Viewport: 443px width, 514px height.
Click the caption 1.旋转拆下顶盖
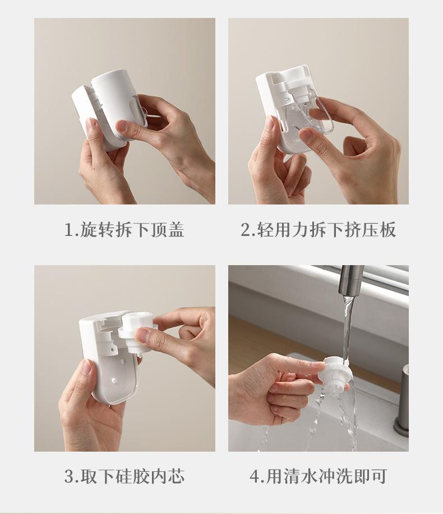(x=124, y=229)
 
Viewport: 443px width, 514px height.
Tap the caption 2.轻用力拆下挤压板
(x=319, y=229)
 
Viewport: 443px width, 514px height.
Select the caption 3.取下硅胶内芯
(x=124, y=476)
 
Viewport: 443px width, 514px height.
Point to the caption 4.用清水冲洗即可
(x=319, y=476)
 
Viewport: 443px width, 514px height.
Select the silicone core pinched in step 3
(x=135, y=333)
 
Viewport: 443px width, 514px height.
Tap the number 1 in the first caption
(x=69, y=230)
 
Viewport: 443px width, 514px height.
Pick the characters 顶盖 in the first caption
(x=168, y=229)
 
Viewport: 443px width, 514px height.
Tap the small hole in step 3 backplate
(x=113, y=381)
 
